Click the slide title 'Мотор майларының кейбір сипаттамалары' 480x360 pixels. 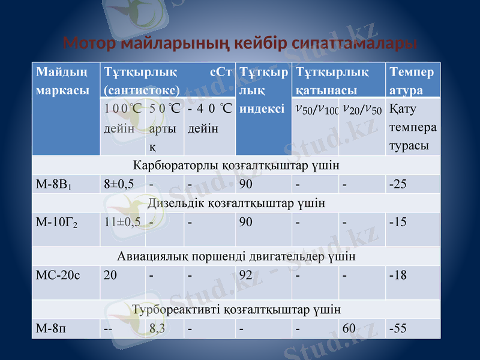(x=240, y=44)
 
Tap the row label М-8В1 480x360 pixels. (x=53, y=184)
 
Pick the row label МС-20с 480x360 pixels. (x=56, y=275)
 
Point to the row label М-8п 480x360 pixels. (x=47, y=328)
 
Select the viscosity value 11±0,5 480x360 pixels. (x=122, y=223)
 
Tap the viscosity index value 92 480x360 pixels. (x=245, y=275)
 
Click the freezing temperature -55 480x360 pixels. (x=397, y=328)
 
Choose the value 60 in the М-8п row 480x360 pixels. (x=349, y=328)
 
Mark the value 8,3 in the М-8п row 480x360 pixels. (x=158, y=328)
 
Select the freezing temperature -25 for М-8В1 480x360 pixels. (x=397, y=184)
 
